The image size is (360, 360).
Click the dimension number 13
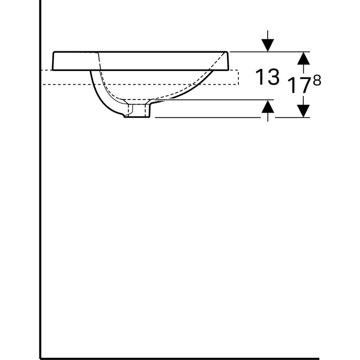tap(267, 77)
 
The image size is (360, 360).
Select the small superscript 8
tap(316, 80)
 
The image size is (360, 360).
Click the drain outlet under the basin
tap(138, 111)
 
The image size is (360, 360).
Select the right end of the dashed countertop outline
tap(238, 77)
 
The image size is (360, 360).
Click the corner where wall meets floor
tap(40, 358)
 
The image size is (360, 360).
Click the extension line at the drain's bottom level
tap(208, 117)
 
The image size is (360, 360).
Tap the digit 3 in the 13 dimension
tap(273, 77)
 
